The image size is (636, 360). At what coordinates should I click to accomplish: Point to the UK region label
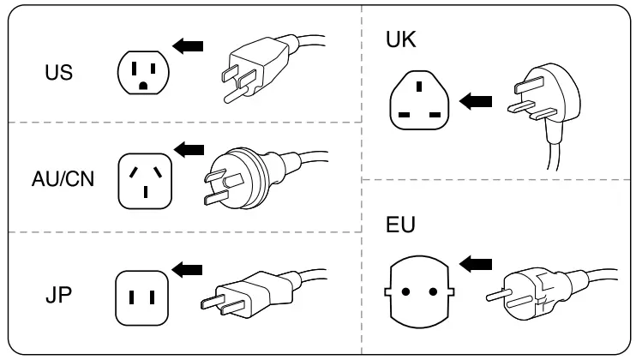coord(402,40)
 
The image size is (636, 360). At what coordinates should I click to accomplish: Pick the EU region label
coord(400,225)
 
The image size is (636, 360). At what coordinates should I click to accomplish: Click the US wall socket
coord(142,73)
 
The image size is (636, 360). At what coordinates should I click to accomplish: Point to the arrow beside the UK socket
coord(476,102)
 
